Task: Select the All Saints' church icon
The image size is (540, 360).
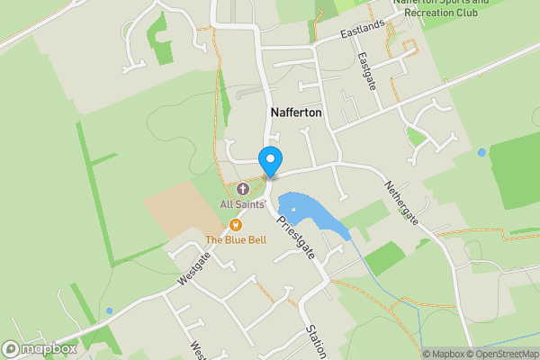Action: point(243,189)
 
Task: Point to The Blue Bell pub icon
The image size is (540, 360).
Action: point(235,225)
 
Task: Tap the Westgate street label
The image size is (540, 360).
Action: point(193,269)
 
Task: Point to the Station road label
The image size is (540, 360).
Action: point(314,341)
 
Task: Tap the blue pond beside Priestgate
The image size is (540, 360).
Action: point(311,216)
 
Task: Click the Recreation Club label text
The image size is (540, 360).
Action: point(445,12)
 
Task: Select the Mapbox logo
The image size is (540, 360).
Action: point(40,348)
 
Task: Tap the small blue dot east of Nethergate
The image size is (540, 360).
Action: point(481,153)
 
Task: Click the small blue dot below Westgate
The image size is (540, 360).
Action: point(110,311)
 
